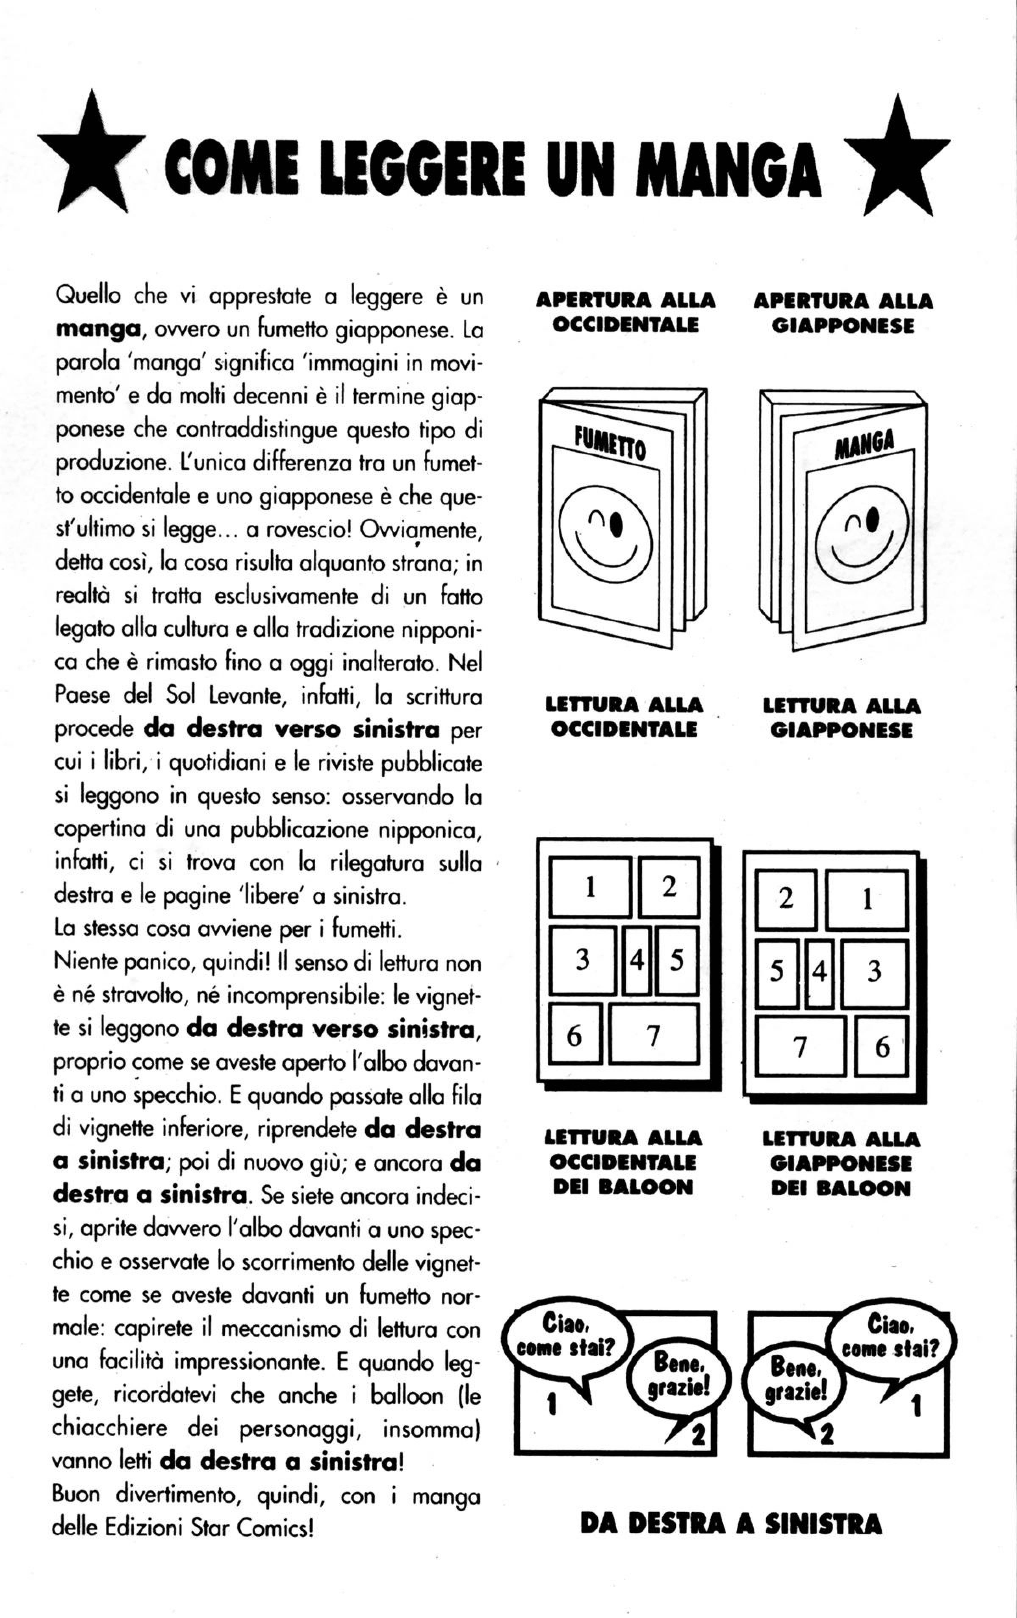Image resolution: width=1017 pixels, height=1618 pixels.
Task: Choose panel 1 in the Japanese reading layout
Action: (x=867, y=899)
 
